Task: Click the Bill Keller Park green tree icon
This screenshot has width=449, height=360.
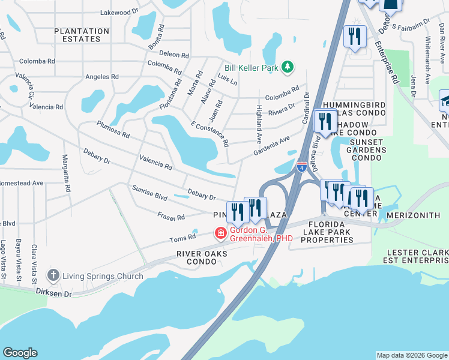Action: coord(288,68)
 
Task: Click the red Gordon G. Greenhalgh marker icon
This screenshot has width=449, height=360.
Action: coord(221,233)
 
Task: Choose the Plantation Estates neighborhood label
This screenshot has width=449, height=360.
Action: coord(82,35)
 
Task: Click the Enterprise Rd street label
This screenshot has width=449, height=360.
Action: coord(387,63)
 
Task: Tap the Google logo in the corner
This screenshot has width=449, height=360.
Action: coord(19,353)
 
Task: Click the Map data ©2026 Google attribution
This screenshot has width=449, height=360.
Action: coord(411,355)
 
